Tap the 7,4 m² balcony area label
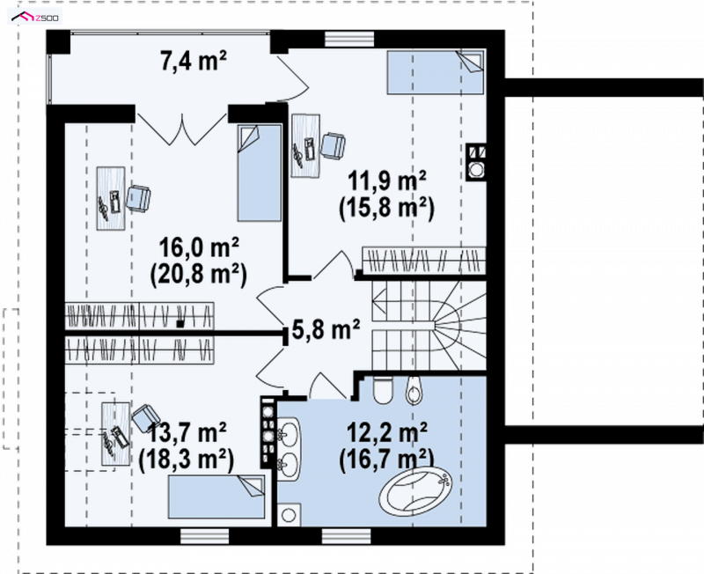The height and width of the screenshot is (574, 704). pos(194,61)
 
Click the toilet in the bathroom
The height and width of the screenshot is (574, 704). pos(383,389)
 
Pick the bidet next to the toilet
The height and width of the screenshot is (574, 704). pos(414,390)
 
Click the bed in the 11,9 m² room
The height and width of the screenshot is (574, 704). pos(436,72)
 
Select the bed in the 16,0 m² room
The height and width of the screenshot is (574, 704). pos(260,173)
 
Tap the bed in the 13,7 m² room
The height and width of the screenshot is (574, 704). pos(216,497)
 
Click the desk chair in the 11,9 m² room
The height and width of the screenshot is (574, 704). pos(334,145)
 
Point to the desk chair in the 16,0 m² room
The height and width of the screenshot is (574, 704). pos(138,198)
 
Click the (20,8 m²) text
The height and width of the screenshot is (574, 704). pos(199,275)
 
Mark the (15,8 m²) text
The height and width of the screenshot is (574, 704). pos(387,209)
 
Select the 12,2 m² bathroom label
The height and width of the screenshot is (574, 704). pos(387,433)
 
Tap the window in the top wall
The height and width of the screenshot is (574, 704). pos(349,39)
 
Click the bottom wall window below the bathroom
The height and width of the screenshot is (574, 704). pos(347,536)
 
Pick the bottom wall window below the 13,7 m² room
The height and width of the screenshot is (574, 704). pos(205,536)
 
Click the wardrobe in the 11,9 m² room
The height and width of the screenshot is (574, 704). pos(424,260)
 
